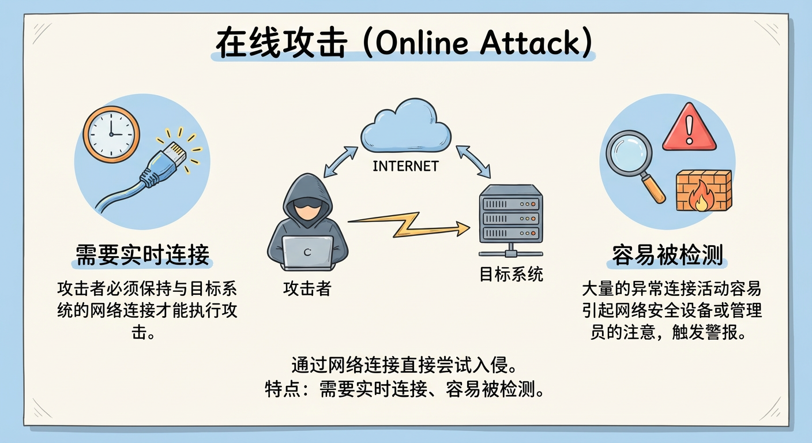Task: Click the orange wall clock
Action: click(111, 134)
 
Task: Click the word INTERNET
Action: click(405, 166)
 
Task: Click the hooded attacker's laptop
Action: click(307, 253)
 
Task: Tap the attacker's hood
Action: click(307, 196)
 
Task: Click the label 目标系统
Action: click(511, 274)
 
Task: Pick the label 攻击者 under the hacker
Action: click(307, 289)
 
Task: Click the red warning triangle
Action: click(690, 127)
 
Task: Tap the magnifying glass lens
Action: click(629, 153)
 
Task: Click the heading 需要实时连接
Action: click(142, 255)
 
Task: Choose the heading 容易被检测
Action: click(667, 255)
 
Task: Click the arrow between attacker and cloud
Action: click(340, 162)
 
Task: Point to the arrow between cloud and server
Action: click(473, 162)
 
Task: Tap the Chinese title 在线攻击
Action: click(281, 43)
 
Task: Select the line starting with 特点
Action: click(404, 389)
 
